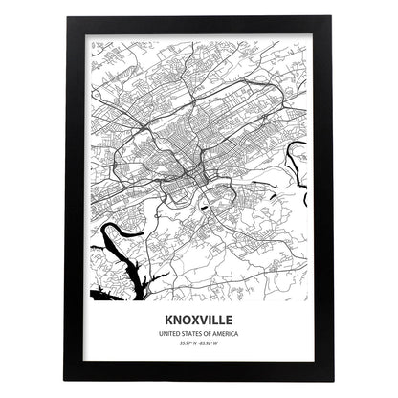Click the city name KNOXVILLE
198,320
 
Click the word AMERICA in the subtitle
226,334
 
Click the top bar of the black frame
199,24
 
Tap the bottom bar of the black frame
199,372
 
